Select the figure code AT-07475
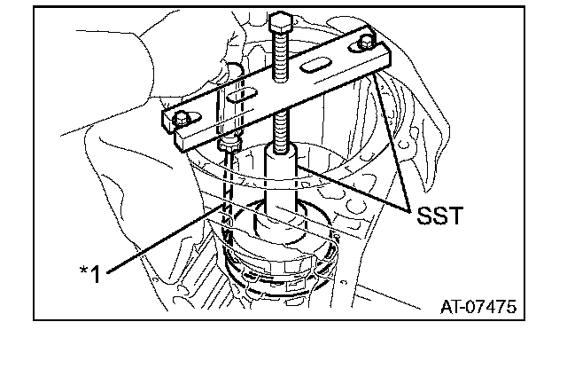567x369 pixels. point(478,307)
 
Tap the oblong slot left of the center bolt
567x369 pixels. point(237,95)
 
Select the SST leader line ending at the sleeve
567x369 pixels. point(354,186)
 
